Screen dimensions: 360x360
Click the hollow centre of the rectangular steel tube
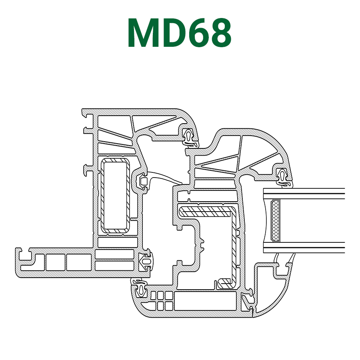tap(115, 196)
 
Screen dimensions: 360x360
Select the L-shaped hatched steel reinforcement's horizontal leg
tap(206, 211)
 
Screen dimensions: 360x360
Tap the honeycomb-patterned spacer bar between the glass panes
tap(275, 221)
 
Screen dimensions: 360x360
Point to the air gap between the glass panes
tap(312, 221)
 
